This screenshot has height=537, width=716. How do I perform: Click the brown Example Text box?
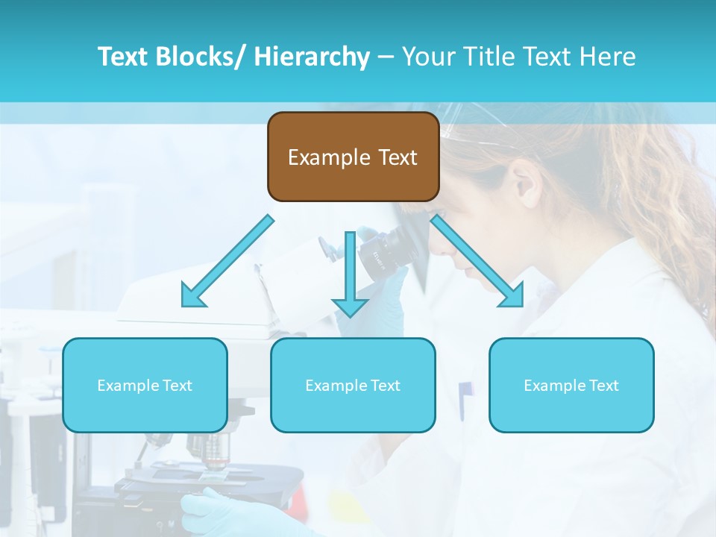pos(353,157)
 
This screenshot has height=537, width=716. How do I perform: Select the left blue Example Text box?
pos(145,385)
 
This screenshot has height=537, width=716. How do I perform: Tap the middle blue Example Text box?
pos(353,385)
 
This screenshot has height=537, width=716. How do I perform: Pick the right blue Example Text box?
pos(571,385)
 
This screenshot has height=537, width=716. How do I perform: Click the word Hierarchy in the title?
pos(312,57)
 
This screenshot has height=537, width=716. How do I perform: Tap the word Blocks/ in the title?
pos(201,57)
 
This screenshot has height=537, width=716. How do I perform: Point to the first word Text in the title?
pos(122,57)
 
